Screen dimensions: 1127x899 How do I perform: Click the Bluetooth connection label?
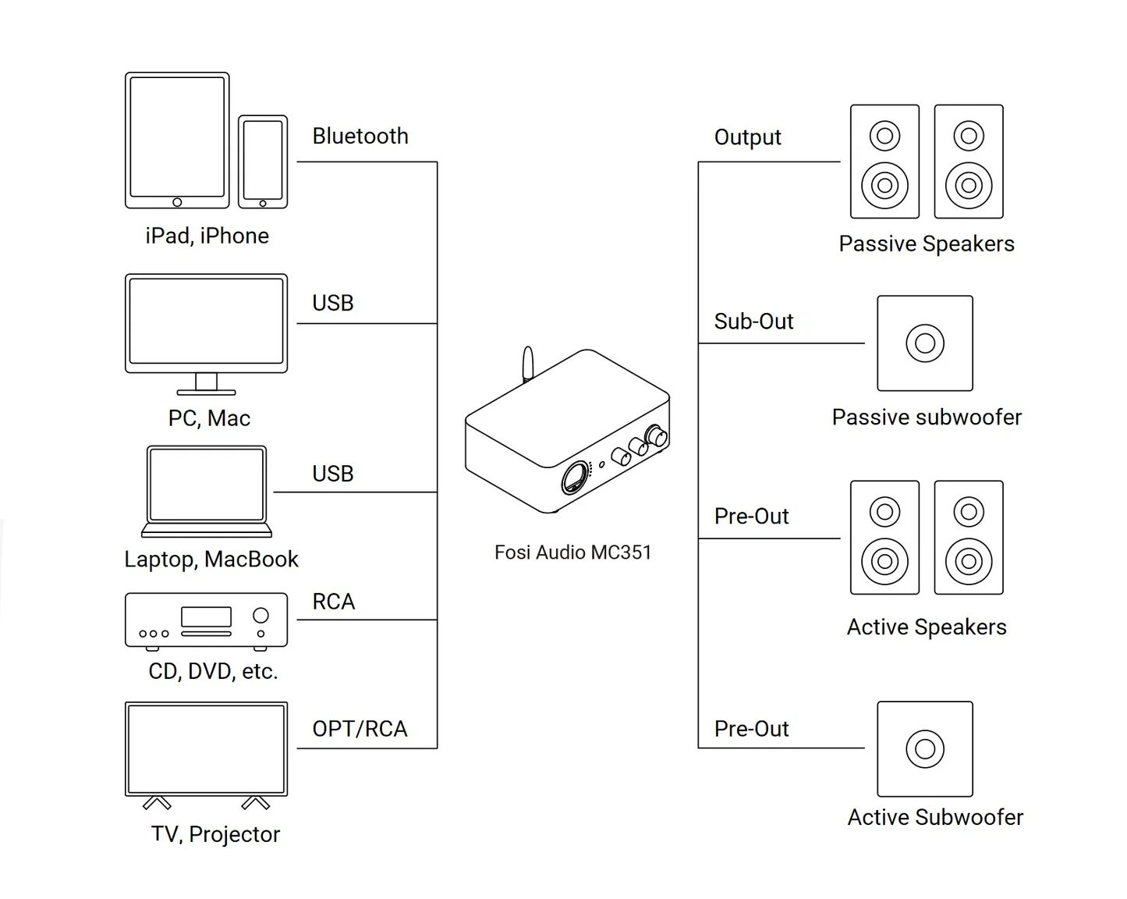tap(360, 137)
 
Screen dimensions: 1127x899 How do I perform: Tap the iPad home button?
tap(177, 202)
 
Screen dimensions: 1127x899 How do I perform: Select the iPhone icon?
tap(262, 162)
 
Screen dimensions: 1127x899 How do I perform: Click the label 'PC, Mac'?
tap(209, 418)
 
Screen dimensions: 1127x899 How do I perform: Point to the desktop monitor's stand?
tap(207, 384)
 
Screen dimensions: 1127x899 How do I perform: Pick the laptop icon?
tap(207, 491)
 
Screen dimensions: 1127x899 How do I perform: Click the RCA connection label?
tap(334, 601)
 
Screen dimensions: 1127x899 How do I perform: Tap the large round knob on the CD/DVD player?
tap(260, 616)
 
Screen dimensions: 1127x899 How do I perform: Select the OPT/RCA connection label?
tap(360, 729)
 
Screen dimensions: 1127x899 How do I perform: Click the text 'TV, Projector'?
tap(215, 834)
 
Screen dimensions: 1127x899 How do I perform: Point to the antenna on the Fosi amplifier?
tap(528, 364)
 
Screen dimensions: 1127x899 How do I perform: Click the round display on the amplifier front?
tap(575, 478)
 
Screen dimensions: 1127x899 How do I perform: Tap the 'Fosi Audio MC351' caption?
tap(573, 553)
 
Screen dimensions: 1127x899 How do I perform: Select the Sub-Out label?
tap(753, 322)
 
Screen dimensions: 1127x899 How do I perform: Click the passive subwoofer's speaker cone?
tap(925, 343)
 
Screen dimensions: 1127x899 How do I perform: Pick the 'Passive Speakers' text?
tap(927, 243)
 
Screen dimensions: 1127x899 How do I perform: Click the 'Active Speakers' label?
tap(927, 627)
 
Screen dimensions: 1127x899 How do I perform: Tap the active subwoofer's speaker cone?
tap(925, 748)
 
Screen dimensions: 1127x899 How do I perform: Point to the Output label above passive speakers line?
tap(747, 137)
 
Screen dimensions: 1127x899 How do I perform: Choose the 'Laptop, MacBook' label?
tap(211, 560)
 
